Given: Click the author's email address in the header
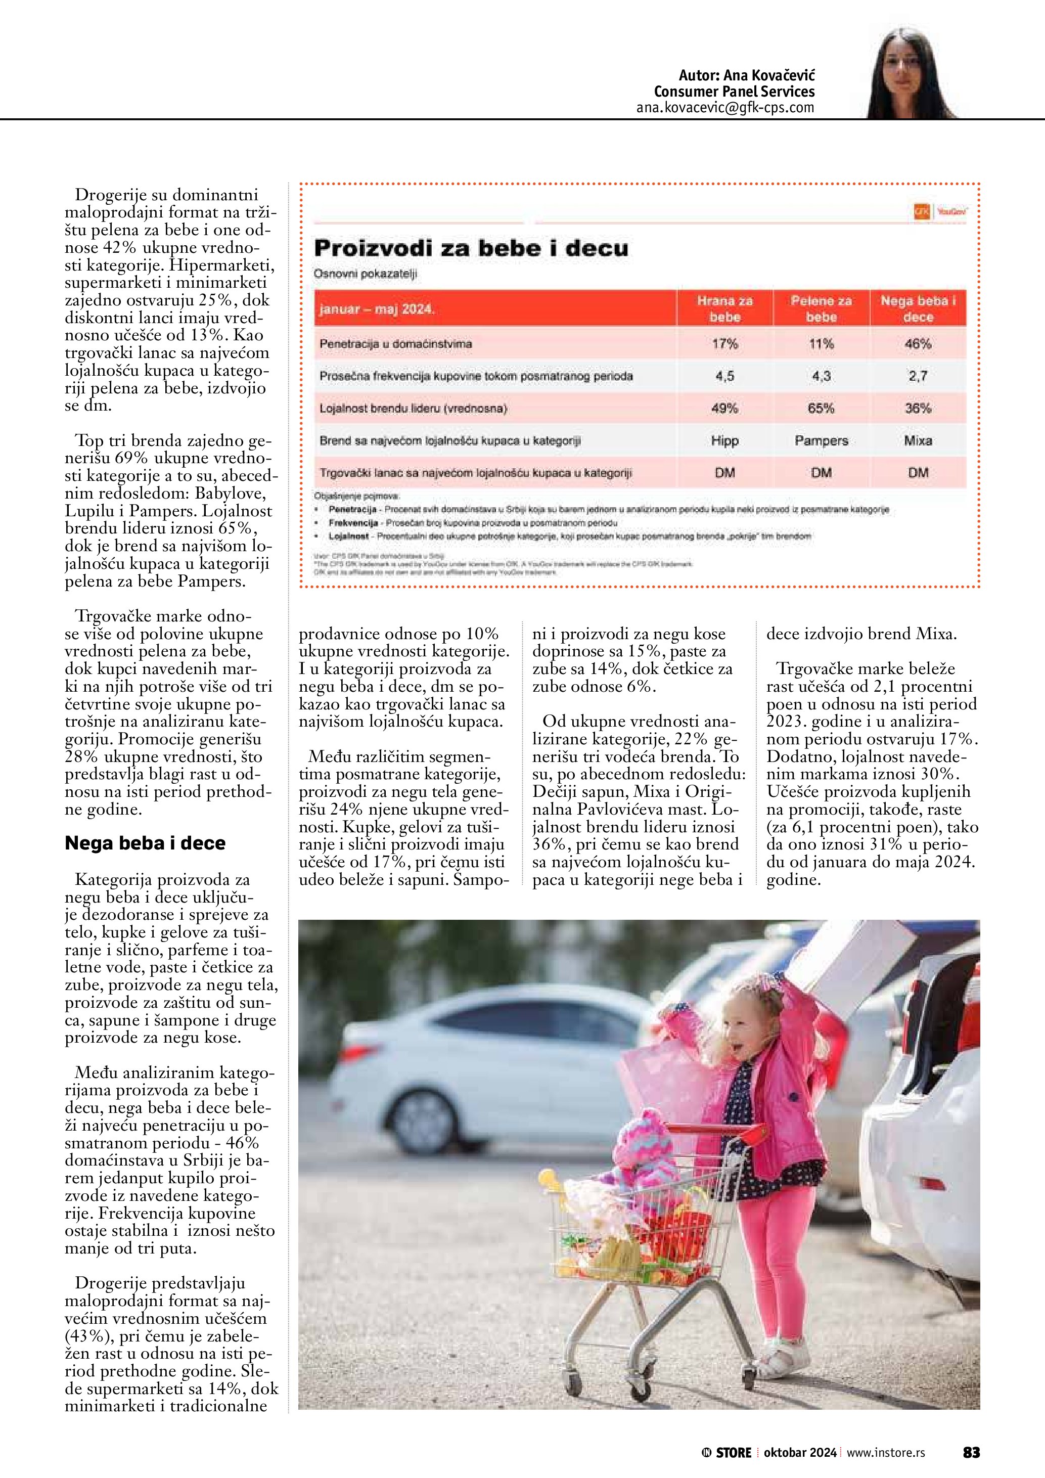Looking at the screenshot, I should [x=725, y=108].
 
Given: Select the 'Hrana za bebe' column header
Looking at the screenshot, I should [x=724, y=308].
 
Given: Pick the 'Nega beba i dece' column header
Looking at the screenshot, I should [x=918, y=308].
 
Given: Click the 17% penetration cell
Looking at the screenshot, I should [x=724, y=344].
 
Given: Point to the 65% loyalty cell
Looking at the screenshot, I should [x=821, y=408].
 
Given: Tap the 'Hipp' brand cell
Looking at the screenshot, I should [x=724, y=440].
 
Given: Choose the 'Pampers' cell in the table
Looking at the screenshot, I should [x=821, y=440].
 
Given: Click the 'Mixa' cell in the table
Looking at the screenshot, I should [x=918, y=440].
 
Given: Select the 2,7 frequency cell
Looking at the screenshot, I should [x=918, y=376].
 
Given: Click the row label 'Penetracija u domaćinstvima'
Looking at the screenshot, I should [x=396, y=344].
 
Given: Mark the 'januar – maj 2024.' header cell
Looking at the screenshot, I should [x=377, y=309].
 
